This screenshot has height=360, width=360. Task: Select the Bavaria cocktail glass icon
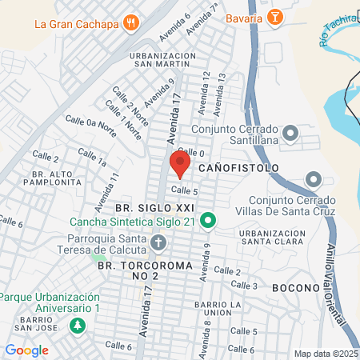coord(274,17)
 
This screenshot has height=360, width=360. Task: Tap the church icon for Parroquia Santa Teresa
coord(158,242)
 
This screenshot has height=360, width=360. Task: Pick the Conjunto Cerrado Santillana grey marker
coord(290,132)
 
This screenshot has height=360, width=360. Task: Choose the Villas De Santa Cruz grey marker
coord(313,179)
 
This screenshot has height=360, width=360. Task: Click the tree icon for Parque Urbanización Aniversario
coord(77,326)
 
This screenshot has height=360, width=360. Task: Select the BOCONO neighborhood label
coord(295,286)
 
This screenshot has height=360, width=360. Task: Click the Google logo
coord(26,350)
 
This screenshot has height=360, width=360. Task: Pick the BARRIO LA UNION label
coord(213,310)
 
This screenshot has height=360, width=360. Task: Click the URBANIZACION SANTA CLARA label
coord(273,237)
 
